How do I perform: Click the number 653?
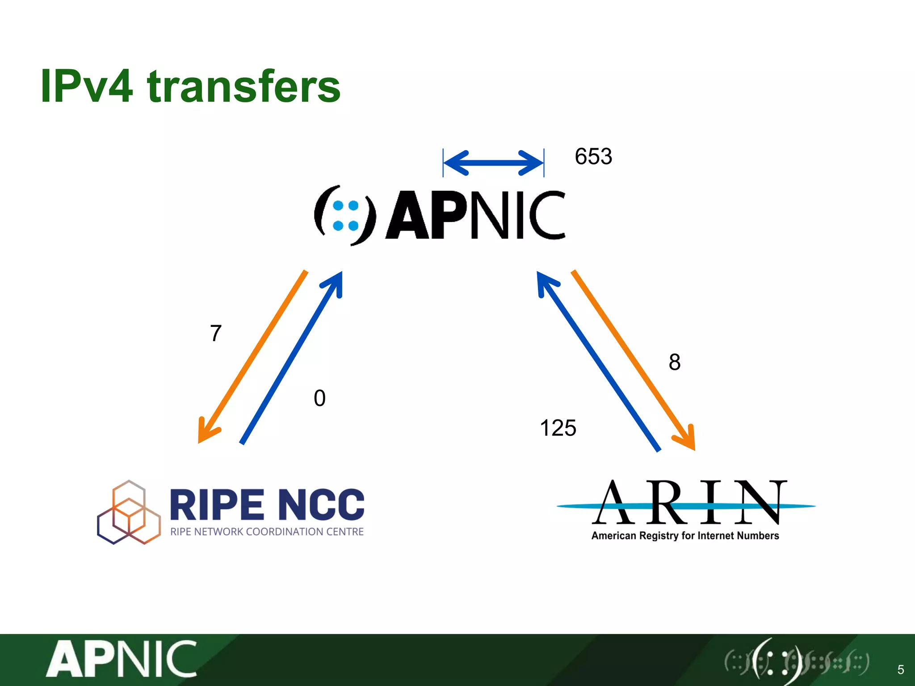pyautogui.click(x=593, y=157)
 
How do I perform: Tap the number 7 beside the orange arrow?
pyautogui.click(x=216, y=333)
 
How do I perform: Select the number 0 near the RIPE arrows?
pyautogui.click(x=319, y=398)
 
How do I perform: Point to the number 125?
pyautogui.click(x=558, y=428)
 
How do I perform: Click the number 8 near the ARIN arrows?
pyautogui.click(x=675, y=362)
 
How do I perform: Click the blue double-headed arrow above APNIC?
pyautogui.click(x=493, y=163)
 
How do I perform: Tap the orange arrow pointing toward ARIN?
pyautogui.click(x=633, y=360)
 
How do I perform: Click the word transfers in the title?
pyautogui.click(x=244, y=87)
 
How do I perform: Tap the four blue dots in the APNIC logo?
pyautogui.click(x=346, y=216)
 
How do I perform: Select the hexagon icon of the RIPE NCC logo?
pyautogui.click(x=129, y=512)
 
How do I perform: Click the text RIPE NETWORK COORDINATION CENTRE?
pyautogui.click(x=267, y=531)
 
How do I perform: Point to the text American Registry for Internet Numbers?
pyautogui.click(x=685, y=535)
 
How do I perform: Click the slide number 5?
pyautogui.click(x=901, y=669)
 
